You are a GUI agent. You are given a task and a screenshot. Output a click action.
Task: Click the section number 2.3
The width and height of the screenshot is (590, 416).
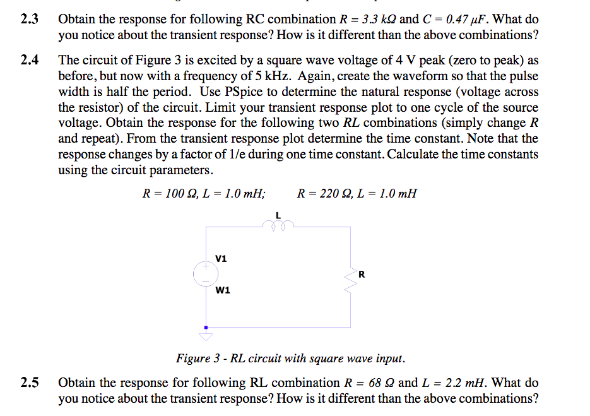[29, 19]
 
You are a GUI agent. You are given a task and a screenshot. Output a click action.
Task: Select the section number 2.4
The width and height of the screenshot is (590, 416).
[29, 61]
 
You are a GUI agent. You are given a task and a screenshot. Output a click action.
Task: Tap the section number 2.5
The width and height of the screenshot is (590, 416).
[29, 383]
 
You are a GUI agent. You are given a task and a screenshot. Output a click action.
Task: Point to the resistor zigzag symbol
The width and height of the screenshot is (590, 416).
[350, 276]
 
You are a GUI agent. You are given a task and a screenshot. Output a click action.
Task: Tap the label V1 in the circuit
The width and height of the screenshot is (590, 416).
[221, 258]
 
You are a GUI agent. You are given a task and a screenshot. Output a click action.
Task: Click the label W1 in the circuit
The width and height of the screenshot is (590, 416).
[223, 290]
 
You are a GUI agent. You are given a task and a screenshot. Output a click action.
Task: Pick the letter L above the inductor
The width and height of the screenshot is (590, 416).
[278, 214]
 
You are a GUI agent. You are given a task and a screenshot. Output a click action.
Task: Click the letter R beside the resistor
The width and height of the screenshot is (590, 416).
[362, 273]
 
